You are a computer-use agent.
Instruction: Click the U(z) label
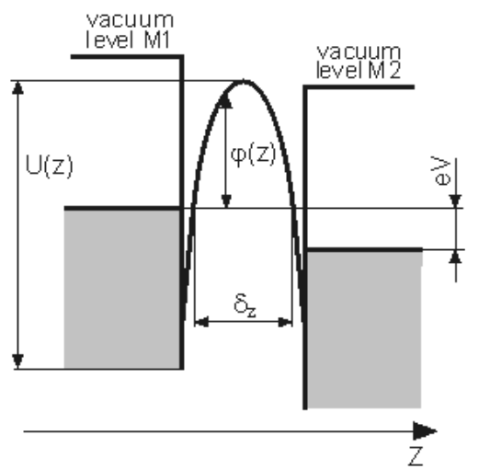(50, 166)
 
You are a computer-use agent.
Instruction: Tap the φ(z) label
(253, 154)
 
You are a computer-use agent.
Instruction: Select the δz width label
(245, 305)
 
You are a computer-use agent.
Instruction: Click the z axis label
(416, 456)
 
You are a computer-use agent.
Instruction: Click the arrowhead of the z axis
(426, 431)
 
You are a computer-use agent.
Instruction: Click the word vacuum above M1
(131, 20)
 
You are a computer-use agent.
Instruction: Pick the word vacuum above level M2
(359, 52)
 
